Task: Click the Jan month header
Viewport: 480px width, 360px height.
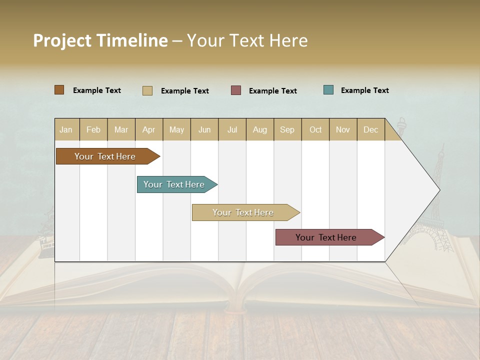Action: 66,130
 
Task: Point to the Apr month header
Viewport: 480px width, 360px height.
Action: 149,130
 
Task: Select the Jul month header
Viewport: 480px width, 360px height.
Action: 232,130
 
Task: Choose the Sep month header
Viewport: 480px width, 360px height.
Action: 287,130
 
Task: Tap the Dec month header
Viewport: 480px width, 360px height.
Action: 371,130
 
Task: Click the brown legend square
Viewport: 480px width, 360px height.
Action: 59,90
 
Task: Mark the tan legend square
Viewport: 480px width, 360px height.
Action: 147,90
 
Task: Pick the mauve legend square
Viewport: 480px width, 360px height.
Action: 236,90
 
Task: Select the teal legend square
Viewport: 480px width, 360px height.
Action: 328,90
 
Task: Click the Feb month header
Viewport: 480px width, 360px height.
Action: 93,130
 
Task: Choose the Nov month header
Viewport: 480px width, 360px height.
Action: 343,130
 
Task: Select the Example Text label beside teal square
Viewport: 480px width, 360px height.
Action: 364,90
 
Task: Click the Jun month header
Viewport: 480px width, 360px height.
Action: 204,130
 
